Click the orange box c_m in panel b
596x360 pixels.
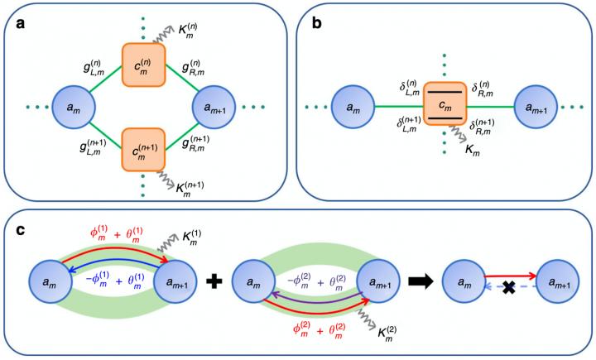coord(444,108)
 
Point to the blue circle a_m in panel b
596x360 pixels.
coord(352,108)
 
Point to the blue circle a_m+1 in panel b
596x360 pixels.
coord(537,108)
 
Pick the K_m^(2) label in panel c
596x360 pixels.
coord(382,353)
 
